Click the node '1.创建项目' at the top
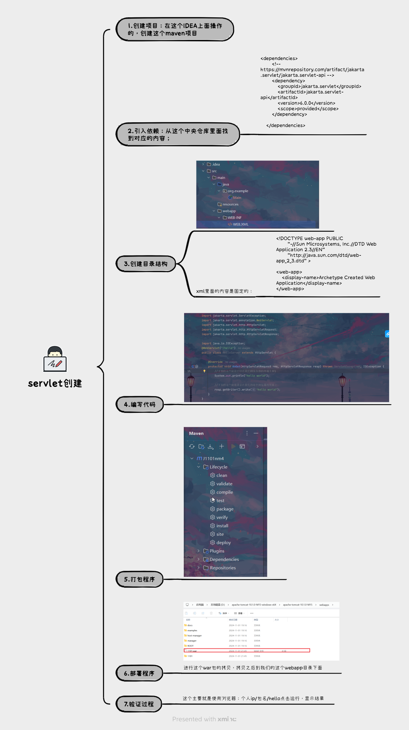175,30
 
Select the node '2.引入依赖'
178,134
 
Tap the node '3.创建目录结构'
146,264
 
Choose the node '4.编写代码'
140,405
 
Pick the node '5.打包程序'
139,579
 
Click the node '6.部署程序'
139,673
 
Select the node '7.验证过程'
139,704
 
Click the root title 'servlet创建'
55,383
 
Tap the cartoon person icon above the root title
55,359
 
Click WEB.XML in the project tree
240,224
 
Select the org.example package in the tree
238,191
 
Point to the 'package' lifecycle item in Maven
225,509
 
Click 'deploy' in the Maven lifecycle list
223,542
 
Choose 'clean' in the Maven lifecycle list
222,475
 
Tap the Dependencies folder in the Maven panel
224,559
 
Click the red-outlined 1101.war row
247,651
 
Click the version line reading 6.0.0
306,103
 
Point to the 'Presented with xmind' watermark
204,719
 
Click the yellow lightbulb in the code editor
204,371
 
